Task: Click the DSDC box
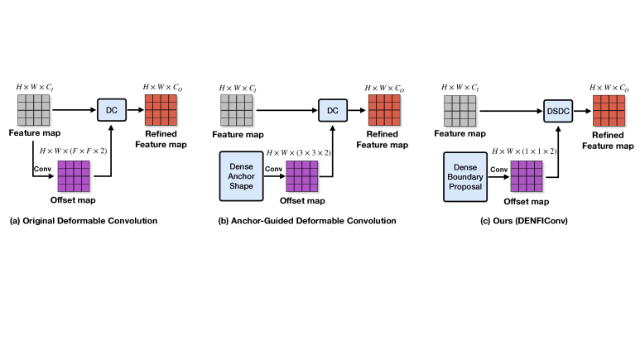[558, 111]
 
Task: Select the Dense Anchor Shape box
[241, 176]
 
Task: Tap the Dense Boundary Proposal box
[465, 177]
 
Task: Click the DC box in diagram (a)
[112, 110]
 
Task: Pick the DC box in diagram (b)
[333, 110]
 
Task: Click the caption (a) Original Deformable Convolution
[84, 221]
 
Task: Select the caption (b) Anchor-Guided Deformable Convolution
[307, 221]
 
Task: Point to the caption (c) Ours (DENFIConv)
[523, 221]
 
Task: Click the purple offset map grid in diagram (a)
[74, 176]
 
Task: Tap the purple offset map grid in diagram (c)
[527, 176]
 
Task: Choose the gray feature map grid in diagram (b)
[236, 110]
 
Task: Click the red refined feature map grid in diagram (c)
[609, 111]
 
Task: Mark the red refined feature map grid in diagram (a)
[161, 110]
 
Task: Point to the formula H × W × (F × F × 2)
[74, 151]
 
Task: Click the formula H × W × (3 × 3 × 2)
[299, 153]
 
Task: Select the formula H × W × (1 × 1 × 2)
[524, 151]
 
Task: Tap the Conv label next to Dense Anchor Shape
[273, 169]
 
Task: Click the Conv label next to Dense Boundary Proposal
[498, 170]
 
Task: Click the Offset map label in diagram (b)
[302, 201]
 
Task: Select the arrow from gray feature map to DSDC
[511, 111]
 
